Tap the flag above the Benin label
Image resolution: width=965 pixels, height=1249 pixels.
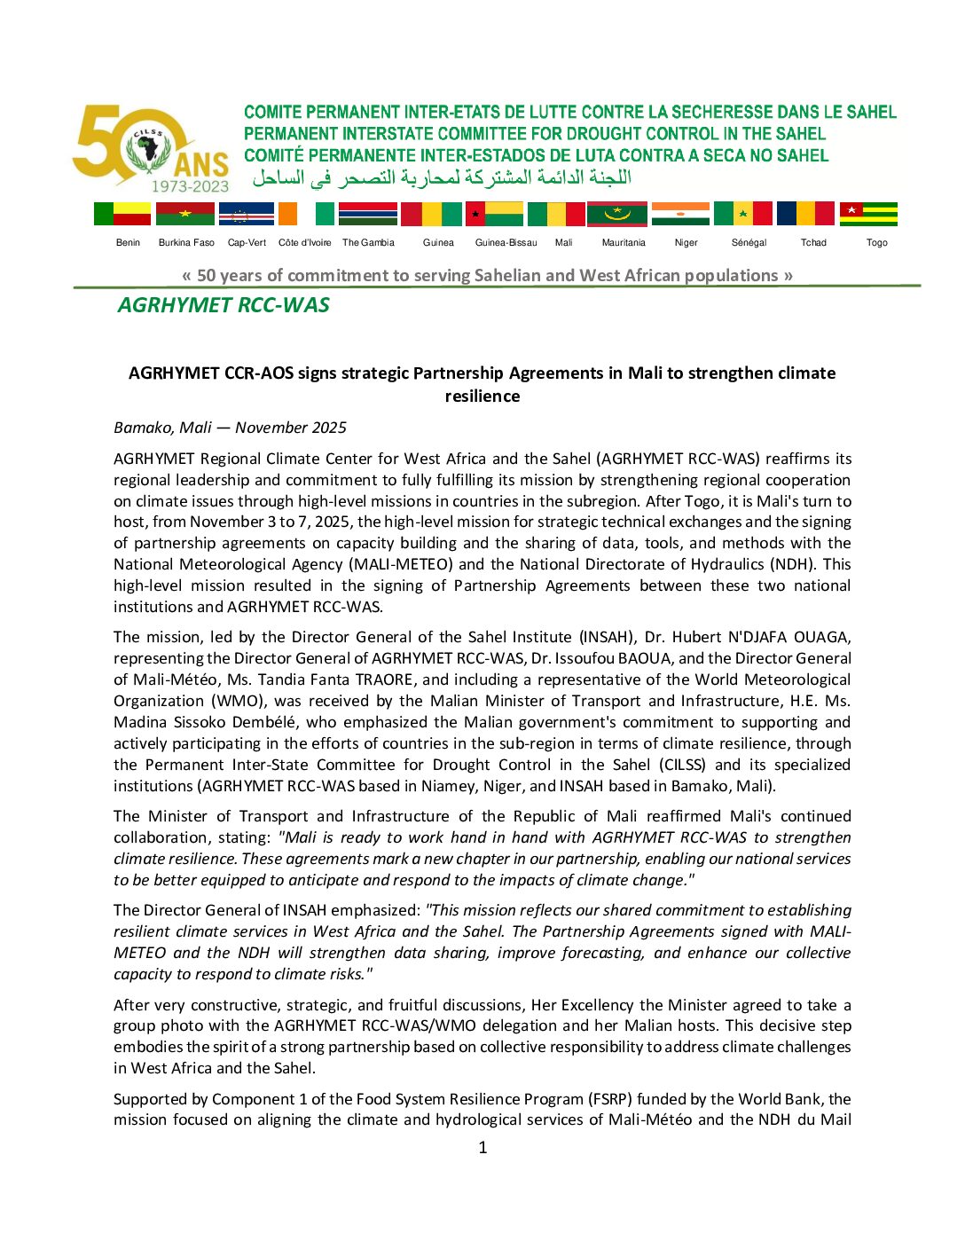pos(122,214)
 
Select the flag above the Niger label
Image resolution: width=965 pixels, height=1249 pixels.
pos(680,214)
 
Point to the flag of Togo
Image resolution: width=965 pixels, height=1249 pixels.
pos(868,214)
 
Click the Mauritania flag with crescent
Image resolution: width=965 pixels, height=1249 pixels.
pos(617,214)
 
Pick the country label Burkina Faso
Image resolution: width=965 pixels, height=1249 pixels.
pos(186,242)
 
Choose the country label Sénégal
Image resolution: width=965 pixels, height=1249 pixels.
pos(749,242)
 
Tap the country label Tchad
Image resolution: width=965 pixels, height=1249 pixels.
pos(813,242)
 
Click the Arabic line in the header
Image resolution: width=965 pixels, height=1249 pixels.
pos(442,177)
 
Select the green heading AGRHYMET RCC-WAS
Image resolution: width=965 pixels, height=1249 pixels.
pos(224,305)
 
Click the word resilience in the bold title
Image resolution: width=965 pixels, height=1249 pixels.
pos(482,396)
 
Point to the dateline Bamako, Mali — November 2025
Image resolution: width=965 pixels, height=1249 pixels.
pos(230,428)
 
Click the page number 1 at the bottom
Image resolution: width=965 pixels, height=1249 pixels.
pos(482,1147)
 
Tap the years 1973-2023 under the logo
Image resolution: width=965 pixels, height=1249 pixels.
pos(190,186)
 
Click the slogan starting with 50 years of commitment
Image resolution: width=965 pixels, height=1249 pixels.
pos(487,275)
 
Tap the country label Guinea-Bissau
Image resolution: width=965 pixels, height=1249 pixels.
pos(506,242)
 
